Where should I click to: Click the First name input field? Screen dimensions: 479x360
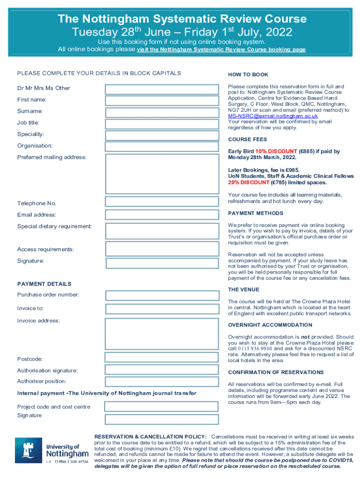click(162, 101)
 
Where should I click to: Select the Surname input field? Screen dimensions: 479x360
click(162, 112)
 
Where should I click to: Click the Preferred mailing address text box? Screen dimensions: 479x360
click(162, 174)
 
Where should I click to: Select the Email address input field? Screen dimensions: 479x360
click(162, 215)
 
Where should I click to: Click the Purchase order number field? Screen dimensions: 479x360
click(162, 295)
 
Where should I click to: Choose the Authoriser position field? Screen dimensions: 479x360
click(162, 382)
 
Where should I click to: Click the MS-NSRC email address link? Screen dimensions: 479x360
click(273, 116)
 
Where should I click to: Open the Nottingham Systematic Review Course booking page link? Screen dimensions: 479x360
click(221, 49)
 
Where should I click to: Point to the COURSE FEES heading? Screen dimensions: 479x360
click(247, 139)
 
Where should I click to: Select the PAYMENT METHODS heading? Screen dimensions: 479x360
click(255, 213)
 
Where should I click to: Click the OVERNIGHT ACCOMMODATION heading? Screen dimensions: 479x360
click(270, 325)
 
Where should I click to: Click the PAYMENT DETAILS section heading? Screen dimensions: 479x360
click(44, 284)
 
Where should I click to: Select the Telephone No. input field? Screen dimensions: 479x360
click(162, 202)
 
